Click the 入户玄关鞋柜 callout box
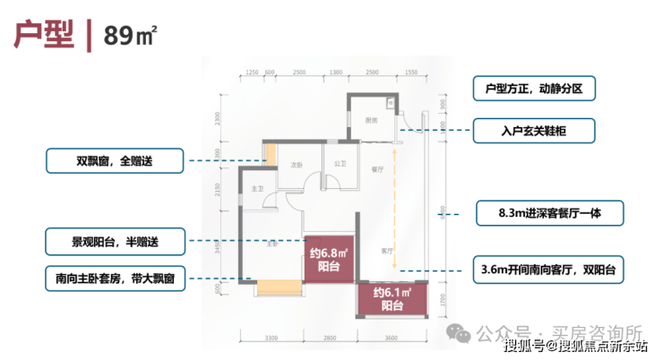click(x=534, y=131)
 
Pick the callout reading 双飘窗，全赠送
click(x=114, y=162)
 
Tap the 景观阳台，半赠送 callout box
click(x=114, y=241)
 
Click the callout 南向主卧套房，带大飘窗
click(x=114, y=279)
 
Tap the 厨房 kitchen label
click(x=371, y=121)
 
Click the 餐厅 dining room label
click(x=377, y=167)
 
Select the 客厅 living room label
click(x=386, y=251)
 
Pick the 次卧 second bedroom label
click(x=296, y=166)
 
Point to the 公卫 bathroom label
click(x=340, y=164)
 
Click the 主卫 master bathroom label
click(x=257, y=189)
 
